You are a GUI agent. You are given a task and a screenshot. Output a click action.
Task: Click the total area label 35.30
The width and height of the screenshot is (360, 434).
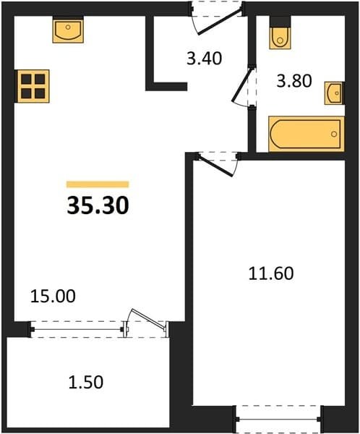click(98, 205)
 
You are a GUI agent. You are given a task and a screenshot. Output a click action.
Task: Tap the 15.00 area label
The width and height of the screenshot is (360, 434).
click(53, 296)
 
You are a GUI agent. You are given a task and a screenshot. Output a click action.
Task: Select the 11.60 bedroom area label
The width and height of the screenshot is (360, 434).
click(271, 273)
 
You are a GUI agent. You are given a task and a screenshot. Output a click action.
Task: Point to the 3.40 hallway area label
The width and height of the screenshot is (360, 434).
click(204, 59)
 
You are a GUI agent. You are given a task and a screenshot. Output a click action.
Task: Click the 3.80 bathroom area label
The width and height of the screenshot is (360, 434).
click(294, 81)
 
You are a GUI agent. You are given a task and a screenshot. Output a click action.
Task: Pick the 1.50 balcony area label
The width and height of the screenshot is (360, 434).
click(86, 382)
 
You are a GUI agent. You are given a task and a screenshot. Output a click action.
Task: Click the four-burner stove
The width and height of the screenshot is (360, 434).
click(33, 86)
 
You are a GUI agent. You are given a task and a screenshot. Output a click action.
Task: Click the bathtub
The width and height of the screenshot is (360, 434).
click(307, 134)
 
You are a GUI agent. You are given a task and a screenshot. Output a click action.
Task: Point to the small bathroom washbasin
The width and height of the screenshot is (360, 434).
click(335, 93)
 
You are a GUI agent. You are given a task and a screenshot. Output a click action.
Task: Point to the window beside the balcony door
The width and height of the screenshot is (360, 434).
click(77, 329)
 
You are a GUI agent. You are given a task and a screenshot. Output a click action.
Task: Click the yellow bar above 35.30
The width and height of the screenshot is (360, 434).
click(98, 184)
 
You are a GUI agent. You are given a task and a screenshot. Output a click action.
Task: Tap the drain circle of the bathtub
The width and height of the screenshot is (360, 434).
click(334, 134)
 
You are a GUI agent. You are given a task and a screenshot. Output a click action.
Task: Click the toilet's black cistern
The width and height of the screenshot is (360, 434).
click(280, 21)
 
